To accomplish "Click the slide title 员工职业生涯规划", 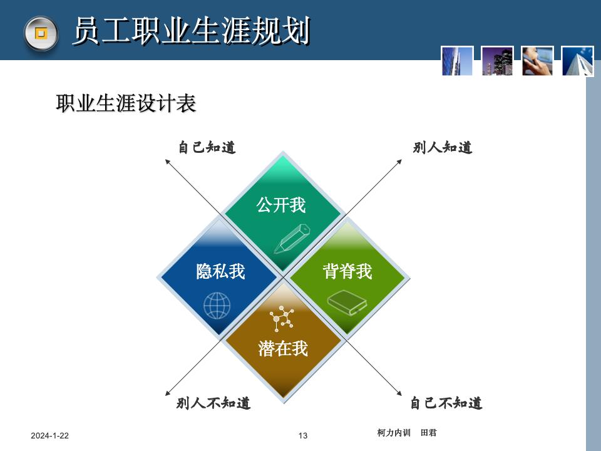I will (191, 31).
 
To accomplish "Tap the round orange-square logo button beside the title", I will (41, 33).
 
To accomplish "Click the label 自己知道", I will (207, 148).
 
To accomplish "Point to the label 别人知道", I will (442, 148).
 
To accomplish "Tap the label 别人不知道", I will (213, 403).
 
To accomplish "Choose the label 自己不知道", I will (446, 403).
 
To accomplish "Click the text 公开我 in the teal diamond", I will (281, 205).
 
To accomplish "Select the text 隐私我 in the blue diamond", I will (220, 271).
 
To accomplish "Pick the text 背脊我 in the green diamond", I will (347, 271).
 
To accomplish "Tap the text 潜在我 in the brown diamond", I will (283, 348).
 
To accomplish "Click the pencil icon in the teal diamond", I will (292, 238).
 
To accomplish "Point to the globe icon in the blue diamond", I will (217, 305).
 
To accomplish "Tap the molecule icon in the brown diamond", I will (282, 318).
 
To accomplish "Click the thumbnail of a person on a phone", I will (538, 61).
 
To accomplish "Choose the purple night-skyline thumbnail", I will (498, 61).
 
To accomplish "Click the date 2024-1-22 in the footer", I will (50, 436).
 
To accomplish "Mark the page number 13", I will (303, 436).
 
